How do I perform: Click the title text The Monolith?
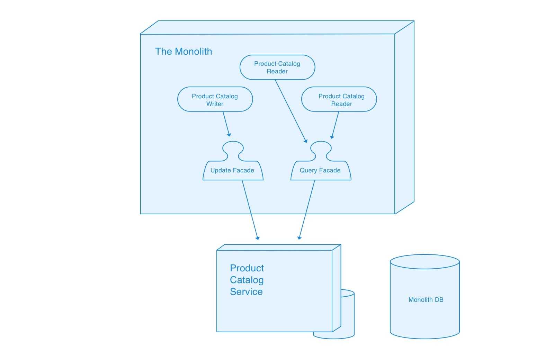point(184,52)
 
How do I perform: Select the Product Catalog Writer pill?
point(215,99)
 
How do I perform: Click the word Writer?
point(215,104)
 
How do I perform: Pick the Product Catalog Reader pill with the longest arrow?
point(277,67)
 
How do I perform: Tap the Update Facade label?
point(232,170)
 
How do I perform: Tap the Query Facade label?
point(320,170)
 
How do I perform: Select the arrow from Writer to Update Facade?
point(226,123)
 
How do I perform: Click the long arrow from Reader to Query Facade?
point(291,111)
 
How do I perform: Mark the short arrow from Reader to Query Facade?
point(335,125)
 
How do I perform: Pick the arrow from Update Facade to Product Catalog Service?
point(250,209)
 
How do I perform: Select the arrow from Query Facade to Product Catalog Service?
point(307,209)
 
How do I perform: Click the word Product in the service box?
point(247,268)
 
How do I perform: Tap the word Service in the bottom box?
point(246,292)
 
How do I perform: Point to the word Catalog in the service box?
point(247,280)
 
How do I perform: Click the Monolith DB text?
point(426,300)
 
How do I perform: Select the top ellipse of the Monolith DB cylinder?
point(425,262)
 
